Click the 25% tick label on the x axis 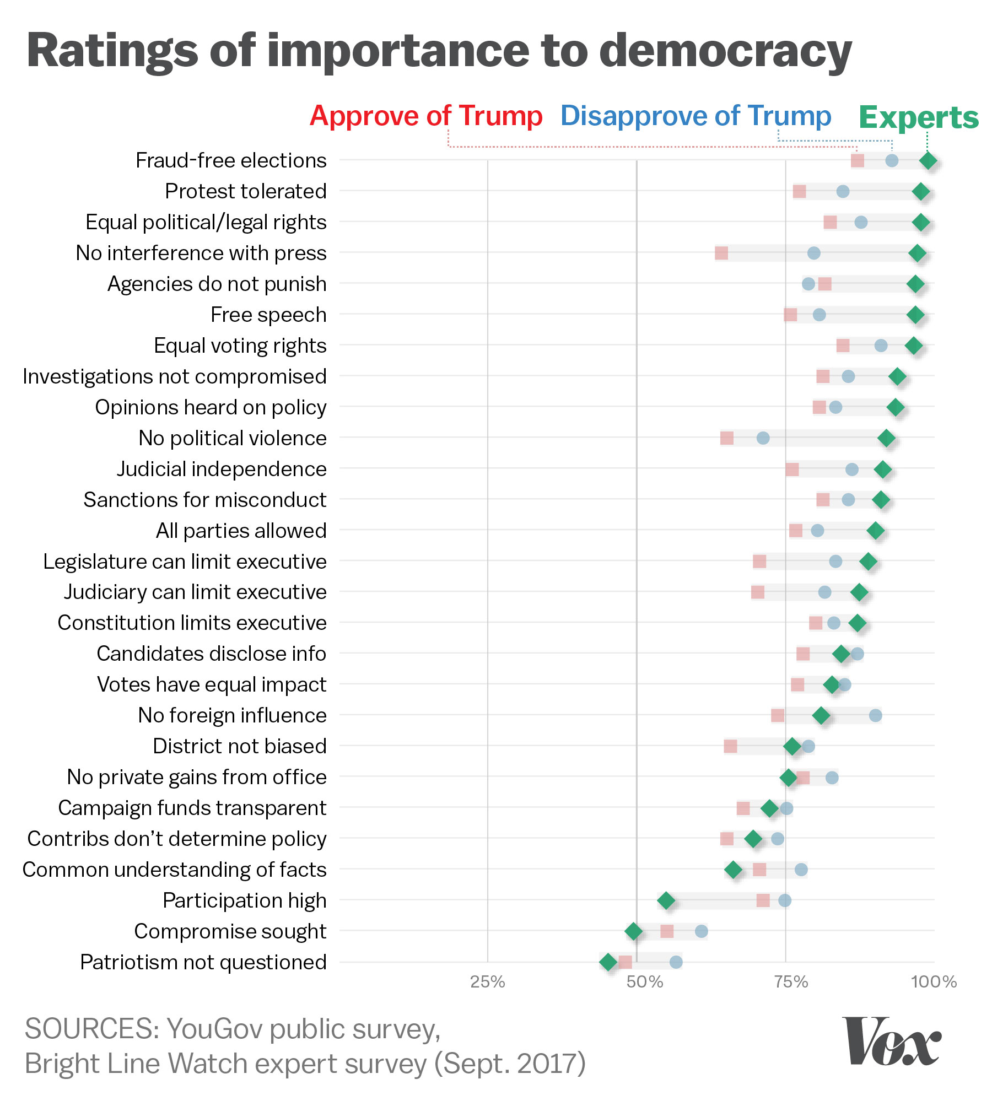click(488, 981)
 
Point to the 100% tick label click(934, 981)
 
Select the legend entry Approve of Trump click(426, 116)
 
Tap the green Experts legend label click(919, 117)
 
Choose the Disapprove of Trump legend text click(696, 116)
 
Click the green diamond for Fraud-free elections click(928, 161)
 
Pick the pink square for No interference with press click(721, 253)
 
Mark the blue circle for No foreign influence click(875, 715)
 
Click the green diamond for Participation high click(666, 900)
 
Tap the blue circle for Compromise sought click(701, 931)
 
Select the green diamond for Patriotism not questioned click(608, 962)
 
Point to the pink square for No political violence click(727, 438)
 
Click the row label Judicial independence click(222, 469)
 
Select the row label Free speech click(268, 315)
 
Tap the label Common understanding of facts click(175, 870)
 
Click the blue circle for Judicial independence click(852, 470)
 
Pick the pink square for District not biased click(730, 747)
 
